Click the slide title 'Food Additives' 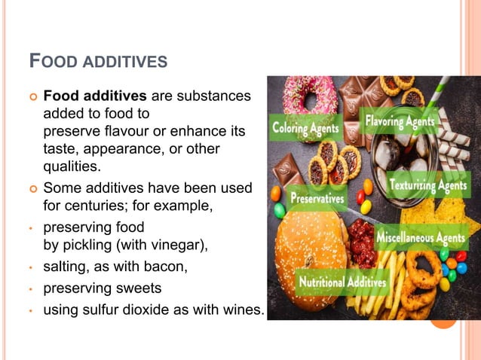click(97, 61)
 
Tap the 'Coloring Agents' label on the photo click(306, 128)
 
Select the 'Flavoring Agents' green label click(400, 121)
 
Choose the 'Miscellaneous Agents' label click(426, 238)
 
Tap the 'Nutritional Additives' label click(343, 282)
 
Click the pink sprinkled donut click(309, 94)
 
